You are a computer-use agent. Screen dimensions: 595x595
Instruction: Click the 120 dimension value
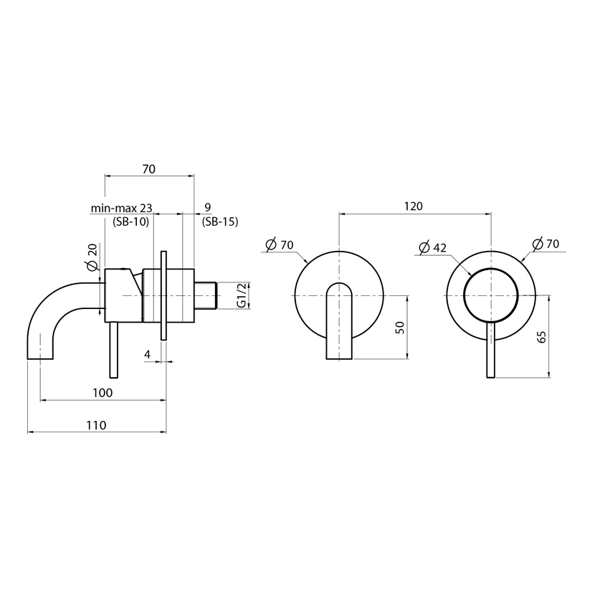[x=413, y=206]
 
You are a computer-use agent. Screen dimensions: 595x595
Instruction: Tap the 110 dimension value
[x=96, y=425]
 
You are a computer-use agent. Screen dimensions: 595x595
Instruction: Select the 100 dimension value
[x=103, y=393]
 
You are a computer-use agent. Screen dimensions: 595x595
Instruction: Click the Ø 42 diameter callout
[x=432, y=247]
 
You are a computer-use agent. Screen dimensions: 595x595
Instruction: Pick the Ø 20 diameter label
[x=92, y=257]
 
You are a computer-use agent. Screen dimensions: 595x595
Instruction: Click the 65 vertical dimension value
[x=542, y=337]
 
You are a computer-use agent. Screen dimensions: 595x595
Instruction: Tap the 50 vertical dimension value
[x=400, y=327]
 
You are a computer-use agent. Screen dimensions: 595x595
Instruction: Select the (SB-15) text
[x=220, y=222]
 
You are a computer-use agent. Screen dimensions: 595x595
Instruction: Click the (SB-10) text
[x=131, y=222]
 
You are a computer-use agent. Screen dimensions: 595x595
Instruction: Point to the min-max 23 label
[x=121, y=208]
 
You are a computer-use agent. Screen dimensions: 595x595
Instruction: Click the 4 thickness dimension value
[x=148, y=354]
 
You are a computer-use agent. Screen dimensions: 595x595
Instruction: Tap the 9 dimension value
[x=208, y=207]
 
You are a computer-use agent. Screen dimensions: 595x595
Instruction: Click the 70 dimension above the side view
[x=149, y=169]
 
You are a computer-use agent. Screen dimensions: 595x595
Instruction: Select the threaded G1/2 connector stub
[x=205, y=295]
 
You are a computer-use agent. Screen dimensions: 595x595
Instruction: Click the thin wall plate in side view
[x=163, y=295]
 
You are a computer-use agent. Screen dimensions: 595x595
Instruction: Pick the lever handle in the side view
[x=113, y=350]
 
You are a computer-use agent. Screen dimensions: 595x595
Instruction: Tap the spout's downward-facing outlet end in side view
[x=40, y=358]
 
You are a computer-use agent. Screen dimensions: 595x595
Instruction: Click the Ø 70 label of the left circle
[x=280, y=244]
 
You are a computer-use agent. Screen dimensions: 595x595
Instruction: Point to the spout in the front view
[x=339, y=320]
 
